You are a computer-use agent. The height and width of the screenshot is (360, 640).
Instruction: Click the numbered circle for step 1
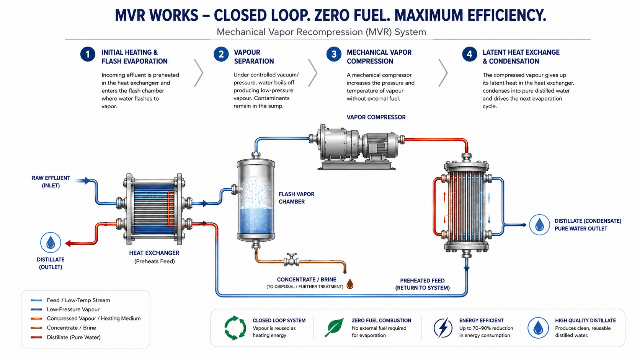click(88, 54)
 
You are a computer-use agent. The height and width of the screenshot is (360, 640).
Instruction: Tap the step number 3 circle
click(334, 54)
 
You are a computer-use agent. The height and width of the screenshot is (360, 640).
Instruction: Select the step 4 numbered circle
click(469, 54)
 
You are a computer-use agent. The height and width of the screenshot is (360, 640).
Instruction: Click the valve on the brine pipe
click(291, 260)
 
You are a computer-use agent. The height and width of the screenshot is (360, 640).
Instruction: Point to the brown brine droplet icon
click(350, 284)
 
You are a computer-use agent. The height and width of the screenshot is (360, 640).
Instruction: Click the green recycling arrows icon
click(235, 328)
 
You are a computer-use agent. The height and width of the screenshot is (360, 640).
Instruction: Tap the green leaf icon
click(334, 327)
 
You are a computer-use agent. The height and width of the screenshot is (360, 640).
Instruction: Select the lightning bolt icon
click(443, 328)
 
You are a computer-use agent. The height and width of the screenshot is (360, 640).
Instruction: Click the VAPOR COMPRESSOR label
click(376, 117)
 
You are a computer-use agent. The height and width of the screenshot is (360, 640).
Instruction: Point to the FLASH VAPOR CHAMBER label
click(296, 198)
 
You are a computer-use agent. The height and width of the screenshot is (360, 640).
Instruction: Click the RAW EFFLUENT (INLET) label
click(51, 182)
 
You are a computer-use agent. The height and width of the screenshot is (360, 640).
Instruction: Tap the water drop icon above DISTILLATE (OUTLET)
click(51, 243)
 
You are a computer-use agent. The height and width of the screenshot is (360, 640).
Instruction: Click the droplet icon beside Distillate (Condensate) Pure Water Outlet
click(539, 225)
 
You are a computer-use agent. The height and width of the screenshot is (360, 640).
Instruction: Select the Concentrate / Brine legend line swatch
click(36, 328)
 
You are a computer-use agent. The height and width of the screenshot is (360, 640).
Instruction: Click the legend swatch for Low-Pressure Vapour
click(36, 310)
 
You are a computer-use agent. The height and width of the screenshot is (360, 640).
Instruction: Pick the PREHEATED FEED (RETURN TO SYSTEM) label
click(422, 284)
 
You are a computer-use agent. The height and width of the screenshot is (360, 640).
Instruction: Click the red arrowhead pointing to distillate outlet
click(68, 244)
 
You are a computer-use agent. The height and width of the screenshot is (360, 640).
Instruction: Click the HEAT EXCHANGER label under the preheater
click(154, 253)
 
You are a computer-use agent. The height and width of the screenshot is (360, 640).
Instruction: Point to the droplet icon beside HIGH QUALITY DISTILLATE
click(538, 328)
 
